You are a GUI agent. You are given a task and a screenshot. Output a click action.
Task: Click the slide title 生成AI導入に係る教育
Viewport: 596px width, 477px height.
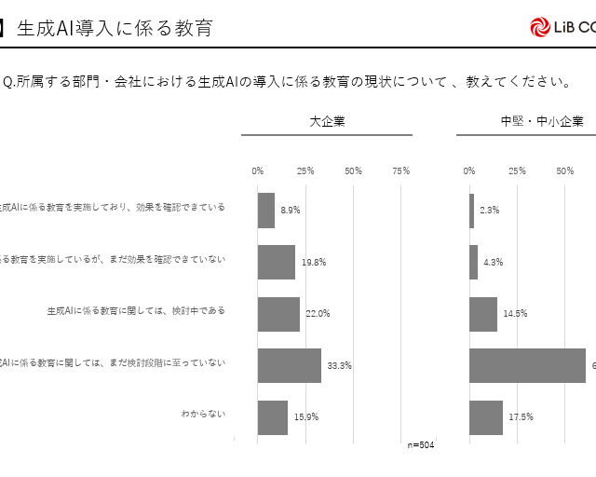[x=114, y=28]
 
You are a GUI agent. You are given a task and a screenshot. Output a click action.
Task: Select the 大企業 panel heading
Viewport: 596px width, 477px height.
[x=327, y=120]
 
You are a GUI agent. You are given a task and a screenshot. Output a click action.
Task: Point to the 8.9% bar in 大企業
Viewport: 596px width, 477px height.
[x=266, y=211]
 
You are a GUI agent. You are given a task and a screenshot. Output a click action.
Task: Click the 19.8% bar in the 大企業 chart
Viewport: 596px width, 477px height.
[x=277, y=263]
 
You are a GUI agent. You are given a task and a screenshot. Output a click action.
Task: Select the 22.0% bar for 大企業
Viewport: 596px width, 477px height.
[x=278, y=314]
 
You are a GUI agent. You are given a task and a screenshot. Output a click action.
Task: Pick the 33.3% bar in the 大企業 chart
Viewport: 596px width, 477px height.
[x=290, y=365]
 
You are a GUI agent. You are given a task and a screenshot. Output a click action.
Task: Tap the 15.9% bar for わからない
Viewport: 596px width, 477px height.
[x=273, y=416]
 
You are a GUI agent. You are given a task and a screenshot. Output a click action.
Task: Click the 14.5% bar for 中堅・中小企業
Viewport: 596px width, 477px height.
[x=483, y=314]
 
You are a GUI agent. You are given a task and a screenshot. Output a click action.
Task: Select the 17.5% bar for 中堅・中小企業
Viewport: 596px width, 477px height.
[x=486, y=416]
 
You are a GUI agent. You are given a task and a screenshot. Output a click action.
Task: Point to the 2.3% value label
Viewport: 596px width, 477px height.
[x=490, y=211]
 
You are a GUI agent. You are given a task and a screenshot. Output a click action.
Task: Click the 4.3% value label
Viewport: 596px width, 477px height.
[x=494, y=263]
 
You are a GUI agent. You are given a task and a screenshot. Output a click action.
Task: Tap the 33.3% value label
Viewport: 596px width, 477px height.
[x=339, y=365]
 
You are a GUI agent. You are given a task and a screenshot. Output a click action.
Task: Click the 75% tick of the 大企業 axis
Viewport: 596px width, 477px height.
[x=400, y=170]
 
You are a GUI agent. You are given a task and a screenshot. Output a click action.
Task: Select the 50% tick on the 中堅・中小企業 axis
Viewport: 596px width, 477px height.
[x=564, y=170]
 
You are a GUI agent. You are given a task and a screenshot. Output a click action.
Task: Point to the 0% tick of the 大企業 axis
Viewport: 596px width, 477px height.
[x=258, y=170]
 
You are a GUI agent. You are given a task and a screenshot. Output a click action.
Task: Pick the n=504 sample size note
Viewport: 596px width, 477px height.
[x=421, y=444]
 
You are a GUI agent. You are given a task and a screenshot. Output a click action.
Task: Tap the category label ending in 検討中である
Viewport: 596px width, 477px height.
[x=136, y=310]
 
